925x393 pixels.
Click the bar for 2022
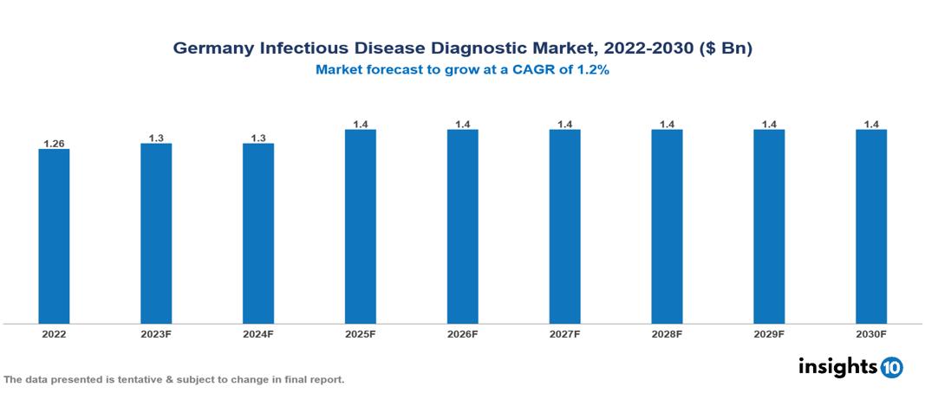tap(54, 235)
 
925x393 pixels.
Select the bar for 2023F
tap(156, 233)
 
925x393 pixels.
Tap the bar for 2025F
tap(360, 226)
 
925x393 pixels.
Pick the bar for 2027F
tap(564, 226)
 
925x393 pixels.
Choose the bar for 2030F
tap(870, 226)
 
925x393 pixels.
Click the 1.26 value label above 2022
tap(54, 142)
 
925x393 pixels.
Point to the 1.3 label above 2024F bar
tap(258, 136)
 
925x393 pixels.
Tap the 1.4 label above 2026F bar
tap(462, 123)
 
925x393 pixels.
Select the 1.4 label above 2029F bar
tap(769, 123)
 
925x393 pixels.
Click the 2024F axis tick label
tap(258, 334)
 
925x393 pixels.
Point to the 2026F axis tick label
tap(462, 334)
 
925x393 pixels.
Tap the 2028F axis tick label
tap(667, 334)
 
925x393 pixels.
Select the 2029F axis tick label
tap(769, 334)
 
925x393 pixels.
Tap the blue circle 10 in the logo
tap(891, 367)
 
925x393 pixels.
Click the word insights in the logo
tap(837, 366)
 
